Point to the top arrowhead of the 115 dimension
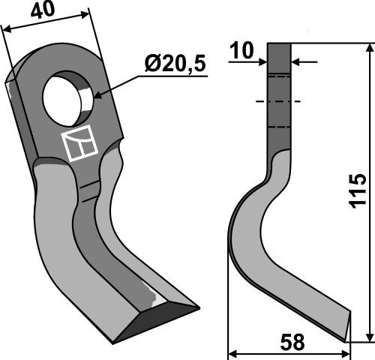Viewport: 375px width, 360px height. pyautogui.click(x=368, y=49)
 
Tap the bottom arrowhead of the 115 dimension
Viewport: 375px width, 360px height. pyautogui.click(x=368, y=337)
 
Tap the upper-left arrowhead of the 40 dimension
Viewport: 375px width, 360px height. pyautogui.click(x=6, y=29)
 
